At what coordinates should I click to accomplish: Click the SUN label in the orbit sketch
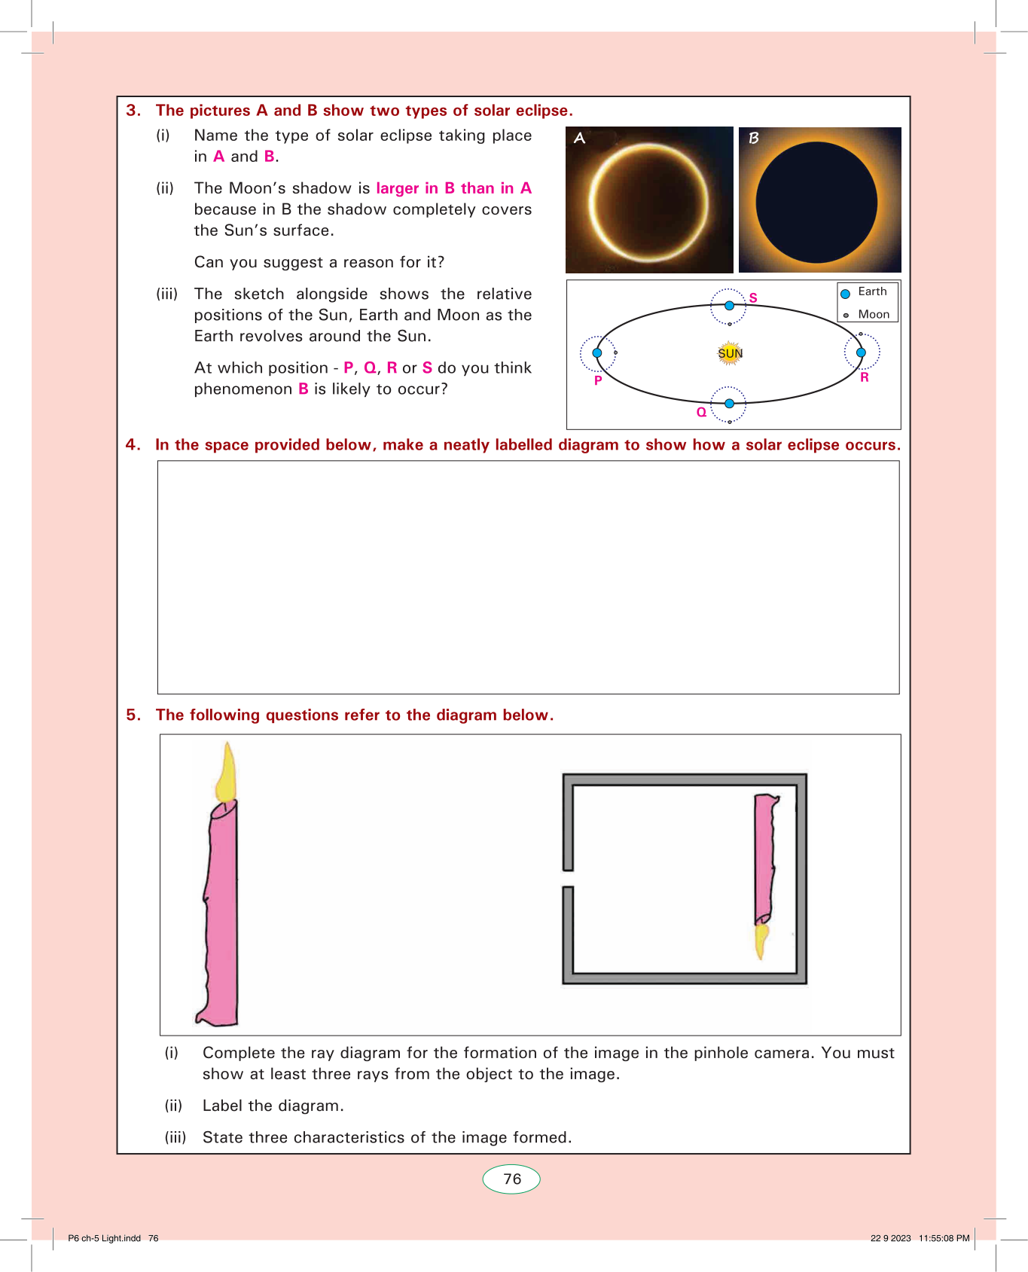tap(730, 353)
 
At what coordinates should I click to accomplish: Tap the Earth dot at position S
tap(729, 306)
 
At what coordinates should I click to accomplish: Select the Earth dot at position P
tap(597, 352)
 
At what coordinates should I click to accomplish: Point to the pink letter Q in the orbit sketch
tap(701, 412)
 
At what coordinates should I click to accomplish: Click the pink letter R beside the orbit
tap(865, 377)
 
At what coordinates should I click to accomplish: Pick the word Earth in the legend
tap(872, 291)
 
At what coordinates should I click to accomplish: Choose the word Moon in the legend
tap(874, 315)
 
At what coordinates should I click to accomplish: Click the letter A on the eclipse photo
tap(579, 139)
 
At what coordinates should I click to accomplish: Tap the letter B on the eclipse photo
tap(753, 139)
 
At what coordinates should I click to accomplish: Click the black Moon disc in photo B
tap(816, 202)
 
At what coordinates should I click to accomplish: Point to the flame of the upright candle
tap(226, 772)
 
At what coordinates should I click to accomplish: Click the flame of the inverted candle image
tap(761, 941)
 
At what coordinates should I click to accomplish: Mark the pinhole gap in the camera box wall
tap(568, 879)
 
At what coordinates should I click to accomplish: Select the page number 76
tap(512, 1179)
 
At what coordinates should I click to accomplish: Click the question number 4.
tap(133, 445)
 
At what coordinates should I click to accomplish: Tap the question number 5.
tap(133, 715)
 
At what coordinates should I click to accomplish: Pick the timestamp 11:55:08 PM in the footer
tap(944, 1238)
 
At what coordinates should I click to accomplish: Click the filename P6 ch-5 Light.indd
tap(104, 1238)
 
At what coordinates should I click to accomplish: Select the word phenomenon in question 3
tap(243, 389)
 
